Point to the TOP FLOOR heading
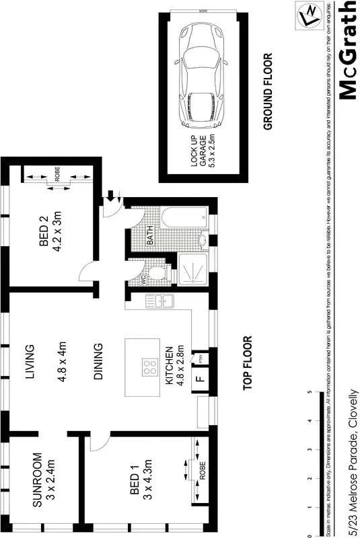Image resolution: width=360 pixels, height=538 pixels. point(247,363)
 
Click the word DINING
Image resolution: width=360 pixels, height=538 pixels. point(98,362)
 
